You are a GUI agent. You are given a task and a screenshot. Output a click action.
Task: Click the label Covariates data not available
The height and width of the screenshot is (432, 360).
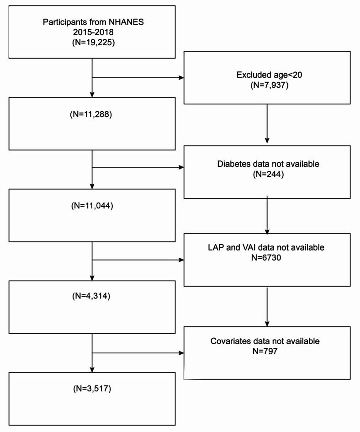[267, 341]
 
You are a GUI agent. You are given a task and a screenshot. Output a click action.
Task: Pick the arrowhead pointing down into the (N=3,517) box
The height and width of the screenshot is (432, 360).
[92, 369]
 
